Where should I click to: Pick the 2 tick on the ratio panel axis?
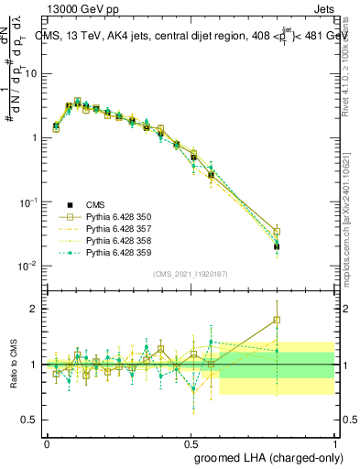point(35,309)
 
